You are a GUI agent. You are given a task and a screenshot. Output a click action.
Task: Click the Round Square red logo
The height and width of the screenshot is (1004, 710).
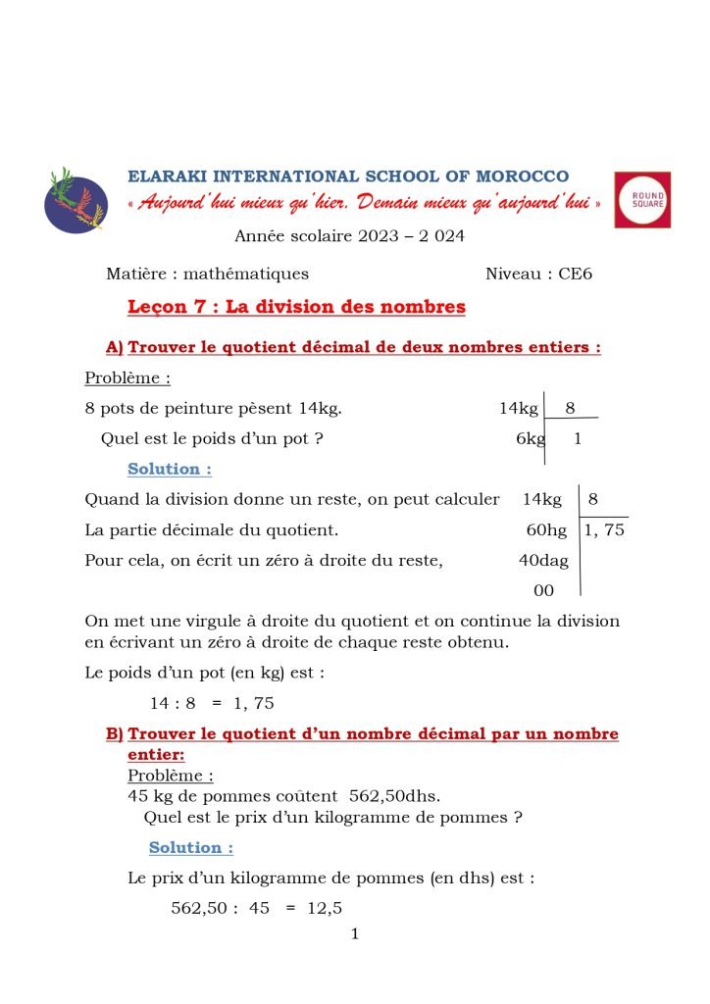coord(642,200)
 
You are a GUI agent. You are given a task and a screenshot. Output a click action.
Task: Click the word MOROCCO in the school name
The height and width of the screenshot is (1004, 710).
coord(522,176)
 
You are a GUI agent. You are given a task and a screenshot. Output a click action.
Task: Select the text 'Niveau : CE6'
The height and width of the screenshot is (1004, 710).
coord(538,275)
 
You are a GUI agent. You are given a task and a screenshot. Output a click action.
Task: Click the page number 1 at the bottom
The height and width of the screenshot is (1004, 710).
coord(355,934)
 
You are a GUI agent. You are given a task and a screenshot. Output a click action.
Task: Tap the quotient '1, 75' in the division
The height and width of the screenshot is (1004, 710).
coord(604,531)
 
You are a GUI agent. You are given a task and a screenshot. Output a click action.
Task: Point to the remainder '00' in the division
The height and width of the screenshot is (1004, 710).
coord(543,590)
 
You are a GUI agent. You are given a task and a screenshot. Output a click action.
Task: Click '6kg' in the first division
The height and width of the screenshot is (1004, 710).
coord(531,439)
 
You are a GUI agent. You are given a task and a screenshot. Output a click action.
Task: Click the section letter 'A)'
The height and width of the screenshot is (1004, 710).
coord(115,348)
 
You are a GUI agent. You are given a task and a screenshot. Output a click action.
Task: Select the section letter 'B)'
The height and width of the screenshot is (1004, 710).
coord(115,734)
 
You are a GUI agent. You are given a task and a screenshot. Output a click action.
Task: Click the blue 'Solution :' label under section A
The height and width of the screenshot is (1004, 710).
coord(170,470)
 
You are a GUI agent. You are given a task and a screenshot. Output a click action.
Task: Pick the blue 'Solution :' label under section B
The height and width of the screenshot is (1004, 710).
coord(191,848)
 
